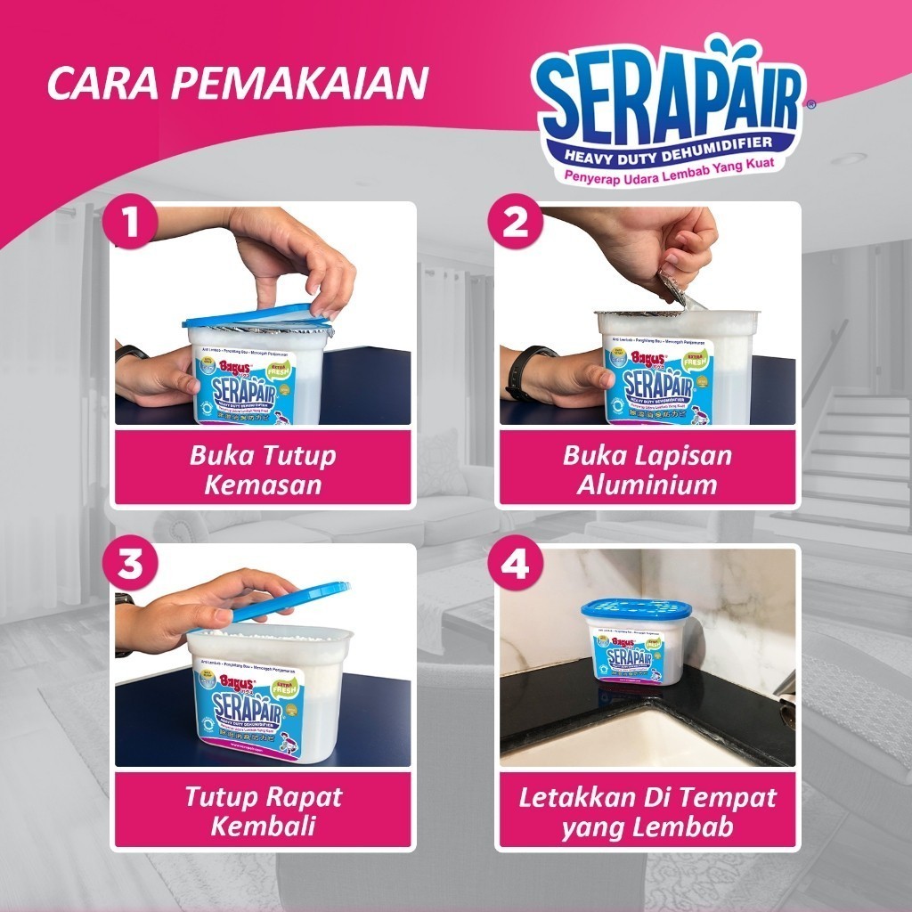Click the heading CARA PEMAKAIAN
tap(237, 83)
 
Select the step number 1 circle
tap(132, 224)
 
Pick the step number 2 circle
tap(517, 224)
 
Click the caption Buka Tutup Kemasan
tap(263, 469)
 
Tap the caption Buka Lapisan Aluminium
tap(647, 469)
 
